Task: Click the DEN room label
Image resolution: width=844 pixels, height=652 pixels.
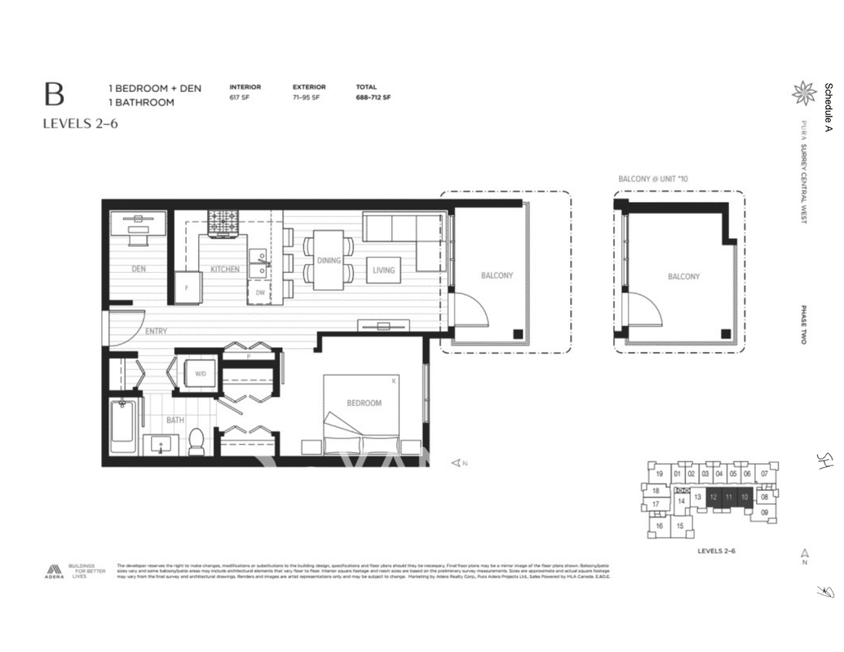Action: (139, 269)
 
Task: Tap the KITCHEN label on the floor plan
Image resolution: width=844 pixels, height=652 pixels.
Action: (225, 269)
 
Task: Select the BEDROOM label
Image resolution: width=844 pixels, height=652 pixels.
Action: (363, 403)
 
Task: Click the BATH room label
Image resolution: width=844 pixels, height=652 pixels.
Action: (175, 421)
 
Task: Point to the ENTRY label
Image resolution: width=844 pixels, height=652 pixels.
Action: (157, 332)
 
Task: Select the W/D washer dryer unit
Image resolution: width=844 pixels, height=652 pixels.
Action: (200, 374)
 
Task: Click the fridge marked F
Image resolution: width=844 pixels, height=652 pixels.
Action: (186, 289)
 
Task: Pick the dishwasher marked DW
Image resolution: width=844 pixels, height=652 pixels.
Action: (260, 293)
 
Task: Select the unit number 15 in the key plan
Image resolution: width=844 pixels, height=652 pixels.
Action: (679, 526)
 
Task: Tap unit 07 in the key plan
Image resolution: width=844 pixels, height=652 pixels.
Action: (764, 474)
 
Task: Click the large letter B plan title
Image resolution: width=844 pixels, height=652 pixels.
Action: (55, 95)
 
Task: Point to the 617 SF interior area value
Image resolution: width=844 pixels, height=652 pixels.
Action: (240, 98)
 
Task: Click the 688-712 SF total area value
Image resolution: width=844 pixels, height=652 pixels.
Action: (373, 98)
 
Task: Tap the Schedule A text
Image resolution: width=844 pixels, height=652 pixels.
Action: (829, 107)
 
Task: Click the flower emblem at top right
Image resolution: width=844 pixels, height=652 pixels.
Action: (803, 93)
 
